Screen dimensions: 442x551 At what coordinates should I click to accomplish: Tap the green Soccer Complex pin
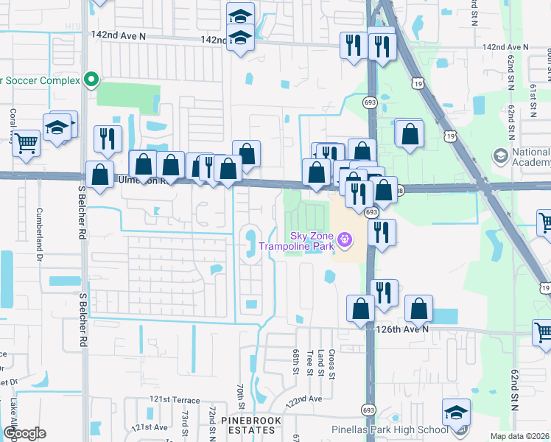coord(91,80)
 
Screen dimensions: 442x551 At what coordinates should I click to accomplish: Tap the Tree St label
coord(311,362)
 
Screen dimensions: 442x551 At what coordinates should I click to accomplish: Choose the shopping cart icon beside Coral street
coord(27,142)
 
